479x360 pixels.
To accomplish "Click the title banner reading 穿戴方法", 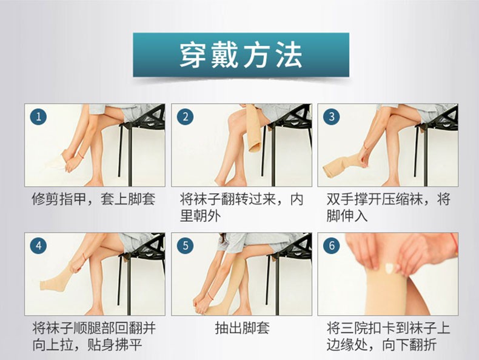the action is (x=241, y=55).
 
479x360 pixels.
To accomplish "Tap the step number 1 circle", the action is (x=38, y=116).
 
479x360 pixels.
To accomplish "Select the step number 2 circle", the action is (x=185, y=116).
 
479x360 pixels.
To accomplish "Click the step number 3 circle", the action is (x=332, y=116).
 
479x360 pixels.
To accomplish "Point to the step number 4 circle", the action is (x=38, y=246).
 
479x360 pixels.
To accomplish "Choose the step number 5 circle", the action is (x=185, y=246).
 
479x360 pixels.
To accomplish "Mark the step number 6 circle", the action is (x=332, y=246).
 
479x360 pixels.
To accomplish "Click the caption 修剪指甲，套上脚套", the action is (x=93, y=199).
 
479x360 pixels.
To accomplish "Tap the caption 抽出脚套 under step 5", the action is (x=242, y=328).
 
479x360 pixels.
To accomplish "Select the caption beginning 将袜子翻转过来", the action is (x=241, y=208).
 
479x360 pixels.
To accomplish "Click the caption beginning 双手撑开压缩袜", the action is (x=388, y=208).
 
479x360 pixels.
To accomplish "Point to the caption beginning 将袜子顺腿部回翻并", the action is (x=94, y=337).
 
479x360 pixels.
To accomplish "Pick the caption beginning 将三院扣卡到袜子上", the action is (x=388, y=337).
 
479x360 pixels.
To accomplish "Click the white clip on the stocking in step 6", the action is (x=389, y=268).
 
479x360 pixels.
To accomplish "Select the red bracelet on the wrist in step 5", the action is (x=210, y=295).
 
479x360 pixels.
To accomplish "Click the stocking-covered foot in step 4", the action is (x=58, y=280).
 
